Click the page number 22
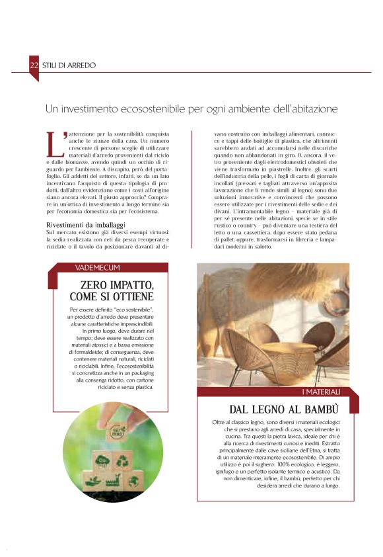point(34,65)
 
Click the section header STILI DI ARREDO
point(69,65)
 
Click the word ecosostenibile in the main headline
point(158,108)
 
